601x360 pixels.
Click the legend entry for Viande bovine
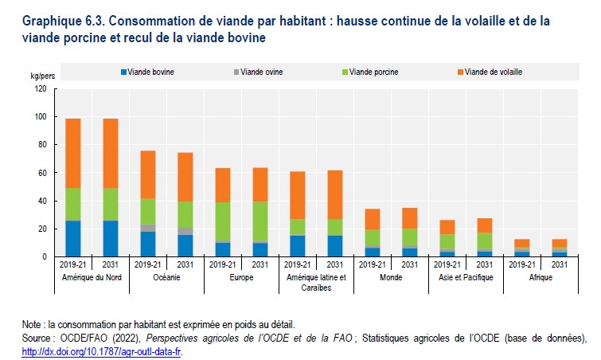pos(148,72)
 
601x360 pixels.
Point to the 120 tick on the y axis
pos(41,88)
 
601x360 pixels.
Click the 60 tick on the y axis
pos(43,173)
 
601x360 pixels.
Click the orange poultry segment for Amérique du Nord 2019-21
pos(72,153)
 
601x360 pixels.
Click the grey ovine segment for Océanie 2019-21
pos(147,228)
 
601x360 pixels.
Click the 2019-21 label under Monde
pos(372,264)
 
